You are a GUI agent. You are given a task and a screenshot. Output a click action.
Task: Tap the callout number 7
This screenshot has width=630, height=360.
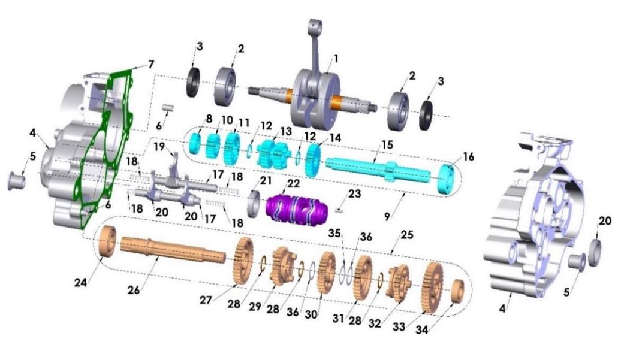(x=151, y=63)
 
